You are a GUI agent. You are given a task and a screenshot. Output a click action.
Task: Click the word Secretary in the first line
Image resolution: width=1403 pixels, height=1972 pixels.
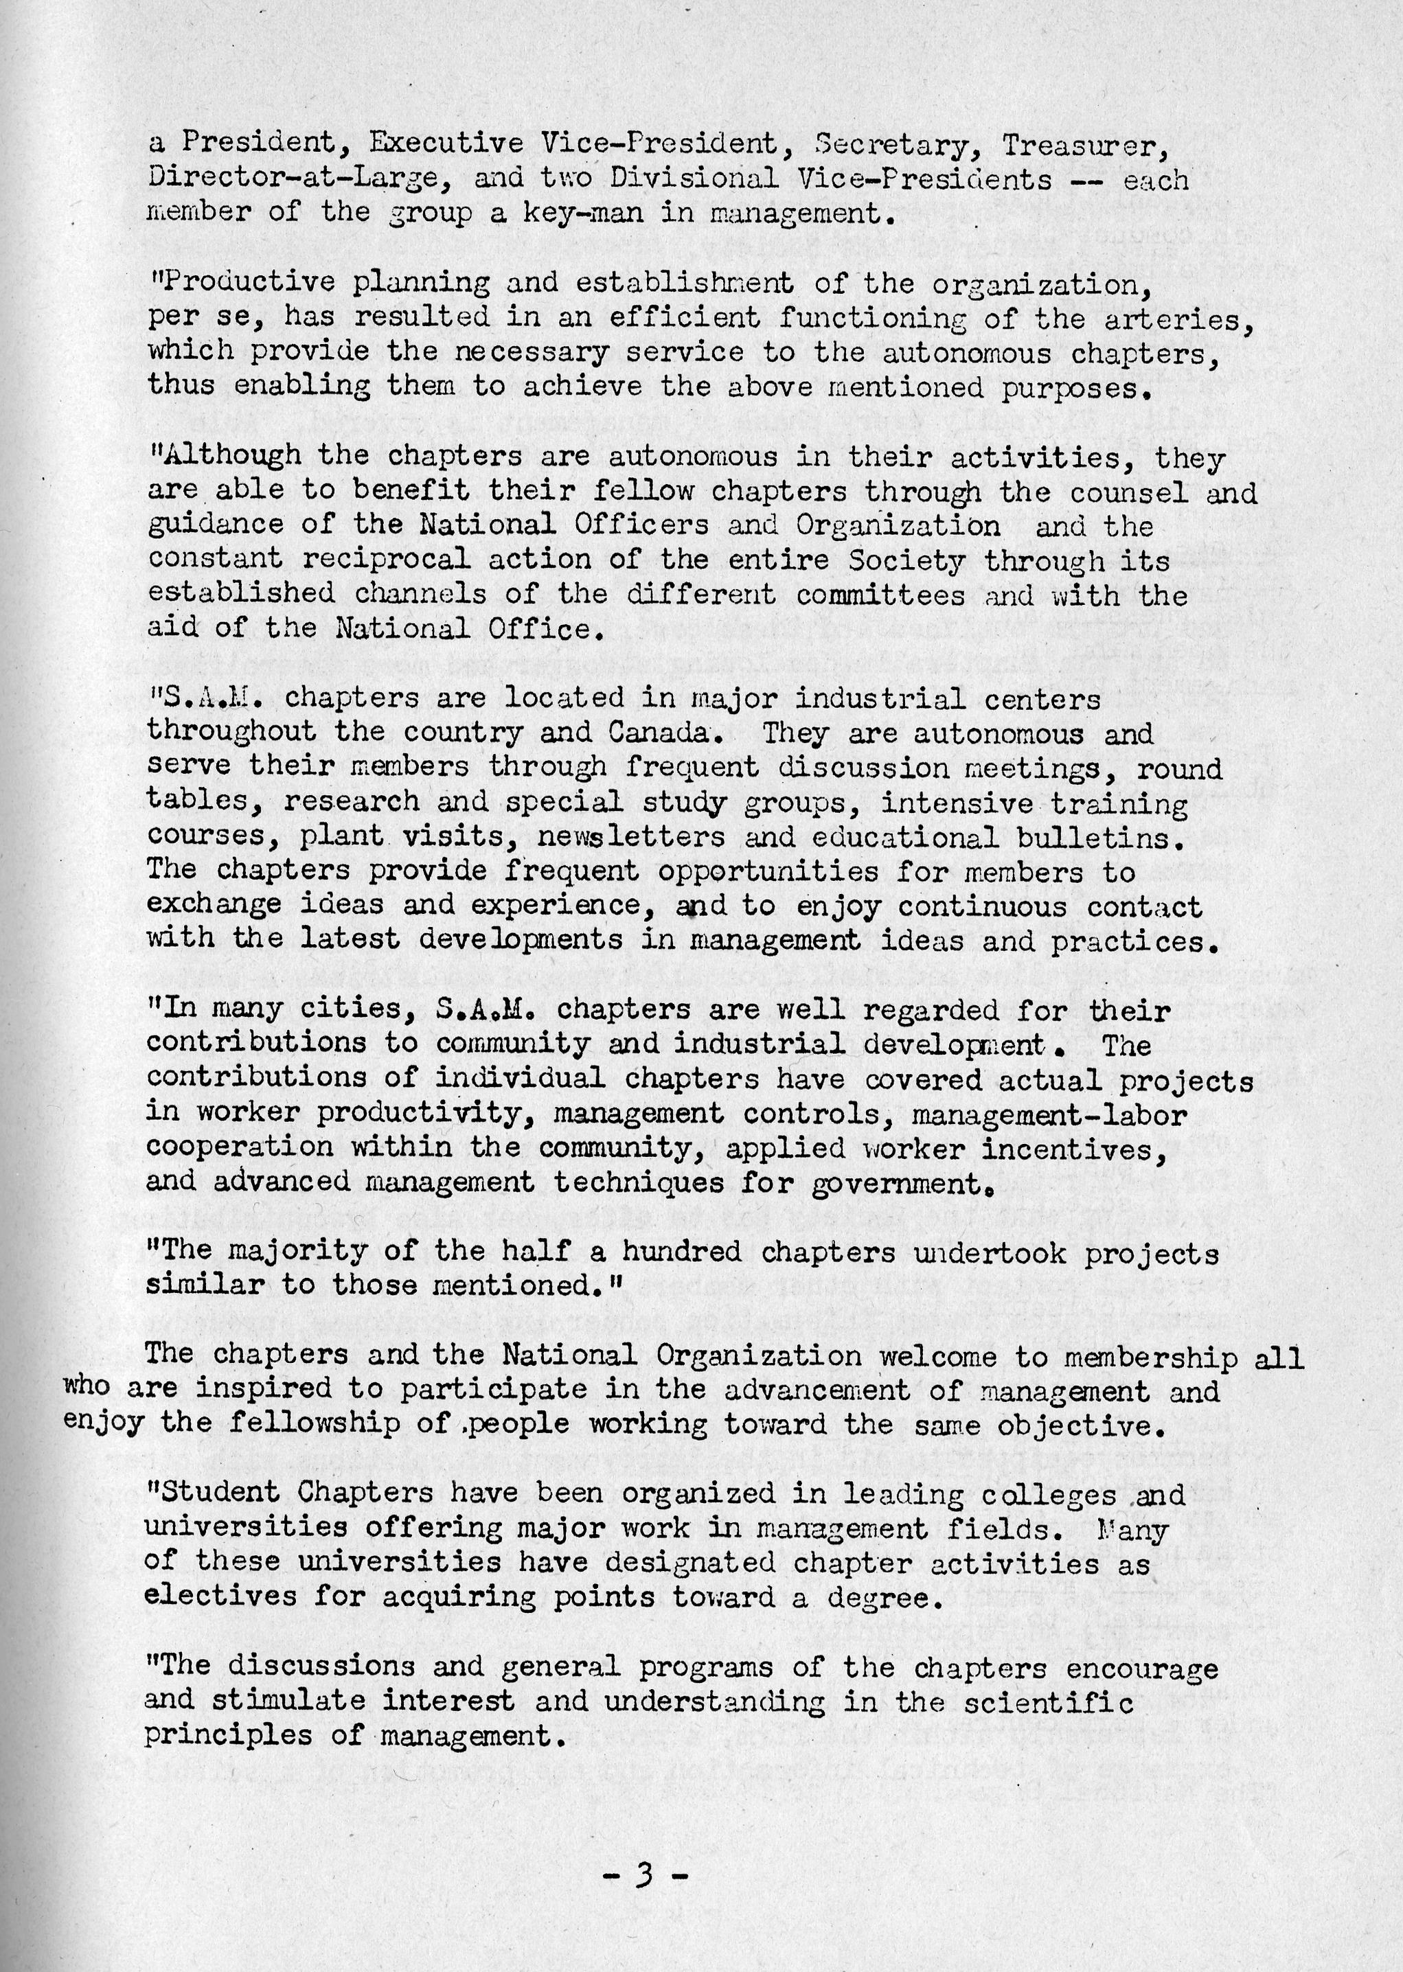[x=893, y=145]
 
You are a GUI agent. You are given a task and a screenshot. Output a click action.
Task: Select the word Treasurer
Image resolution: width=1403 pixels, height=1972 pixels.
[x=1085, y=145]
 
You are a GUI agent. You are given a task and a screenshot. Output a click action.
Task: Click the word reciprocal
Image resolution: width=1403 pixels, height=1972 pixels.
[x=386, y=560]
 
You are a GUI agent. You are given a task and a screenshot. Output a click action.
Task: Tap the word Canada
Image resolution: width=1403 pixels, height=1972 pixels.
[x=663, y=733]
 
